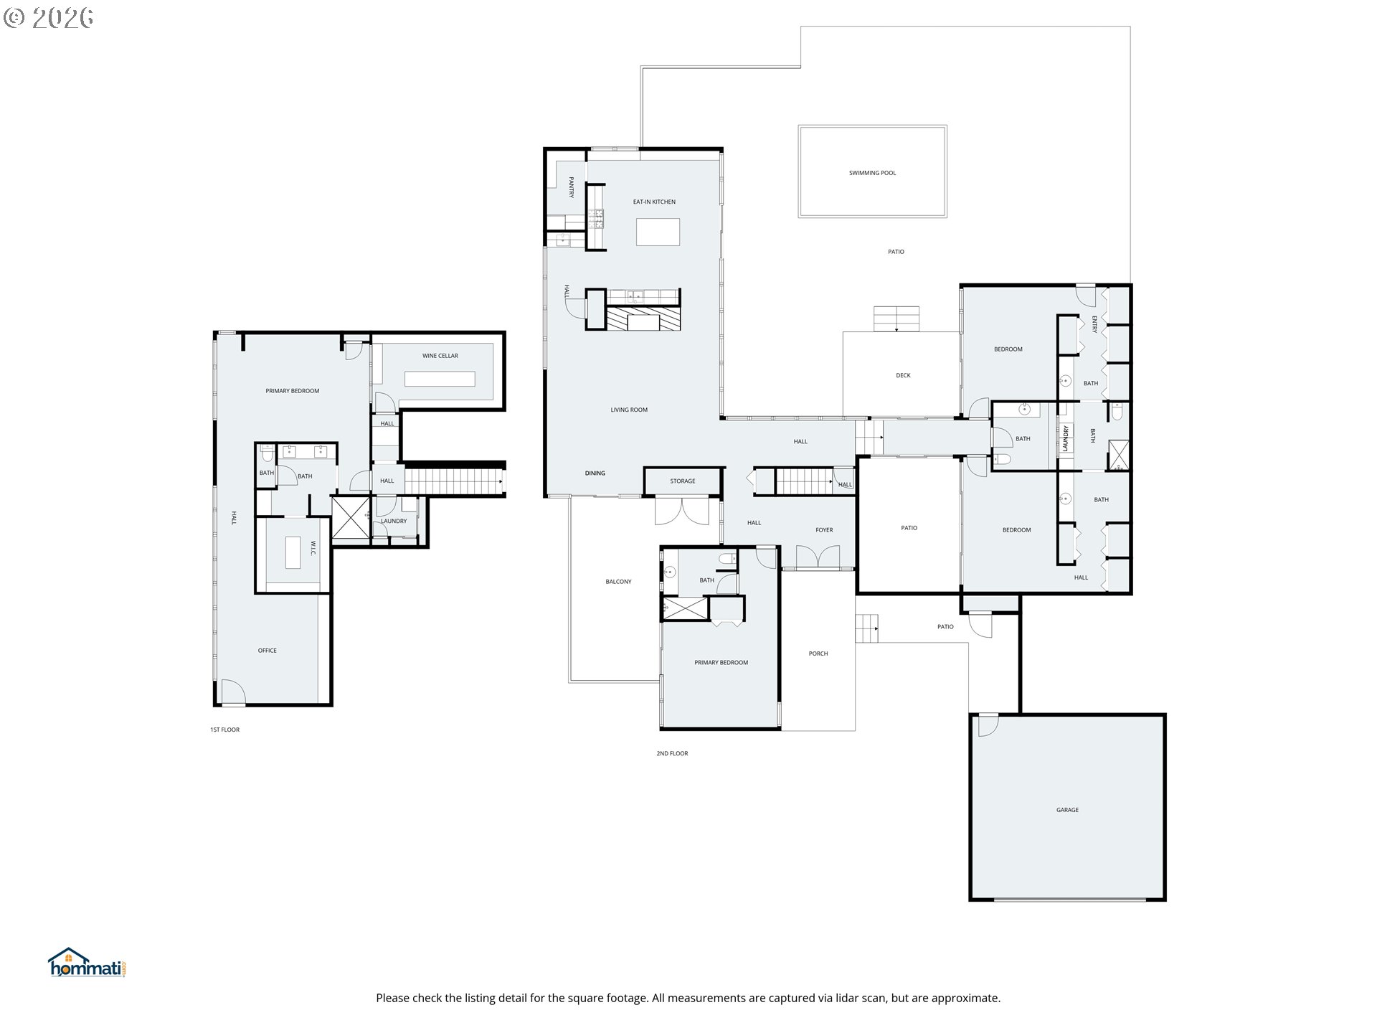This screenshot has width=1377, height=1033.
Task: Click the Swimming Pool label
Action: point(872,173)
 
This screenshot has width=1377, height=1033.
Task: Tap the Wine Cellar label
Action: point(440,356)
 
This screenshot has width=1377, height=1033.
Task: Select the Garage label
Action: point(1067,810)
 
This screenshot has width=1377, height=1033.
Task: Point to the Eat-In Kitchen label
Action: point(654,202)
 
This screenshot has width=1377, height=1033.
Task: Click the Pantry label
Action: point(572,187)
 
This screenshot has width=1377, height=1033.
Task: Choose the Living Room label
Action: point(629,410)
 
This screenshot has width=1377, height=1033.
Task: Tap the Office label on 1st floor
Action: point(267,651)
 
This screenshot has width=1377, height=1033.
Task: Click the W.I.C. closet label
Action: point(313,547)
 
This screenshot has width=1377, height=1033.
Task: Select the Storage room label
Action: point(683,481)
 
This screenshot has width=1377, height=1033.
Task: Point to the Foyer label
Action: point(824,530)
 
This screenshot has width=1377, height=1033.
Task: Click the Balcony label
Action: point(618,582)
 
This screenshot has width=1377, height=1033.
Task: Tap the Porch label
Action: point(818,654)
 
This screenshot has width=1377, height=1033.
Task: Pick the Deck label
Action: point(903,375)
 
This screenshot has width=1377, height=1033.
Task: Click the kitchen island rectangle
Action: point(658,232)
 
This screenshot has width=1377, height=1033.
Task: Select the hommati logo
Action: point(87,963)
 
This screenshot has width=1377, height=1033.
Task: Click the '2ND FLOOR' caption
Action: point(672,754)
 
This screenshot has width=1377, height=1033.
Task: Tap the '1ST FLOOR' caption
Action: point(224,730)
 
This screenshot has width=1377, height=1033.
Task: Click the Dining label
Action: point(595,473)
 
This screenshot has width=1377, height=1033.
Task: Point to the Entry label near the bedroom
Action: point(1094,324)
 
